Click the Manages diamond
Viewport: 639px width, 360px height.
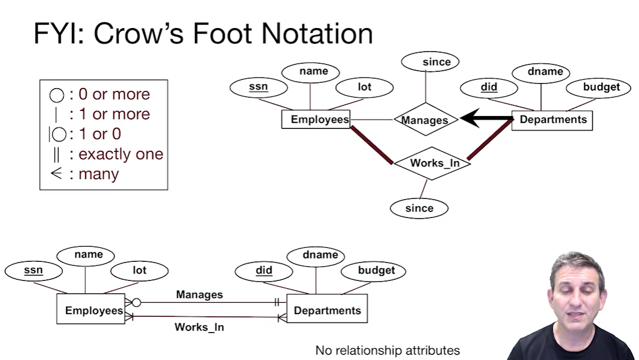pyautogui.click(x=425, y=119)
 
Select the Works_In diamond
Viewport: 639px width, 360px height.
pyautogui.click(x=432, y=163)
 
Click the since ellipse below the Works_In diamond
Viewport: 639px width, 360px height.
pyautogui.click(x=419, y=208)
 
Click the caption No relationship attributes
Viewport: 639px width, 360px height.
pyautogui.click(x=387, y=350)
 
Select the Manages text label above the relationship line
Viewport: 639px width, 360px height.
pyautogui.click(x=199, y=294)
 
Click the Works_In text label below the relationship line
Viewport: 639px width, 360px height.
pyautogui.click(x=199, y=327)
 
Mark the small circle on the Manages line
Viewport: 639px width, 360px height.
pyautogui.click(x=136, y=303)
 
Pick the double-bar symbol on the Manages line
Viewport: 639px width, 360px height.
pyautogui.click(x=276, y=303)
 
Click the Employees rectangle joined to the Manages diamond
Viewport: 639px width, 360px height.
pyautogui.click(x=316, y=119)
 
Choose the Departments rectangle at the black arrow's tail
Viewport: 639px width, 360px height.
pyautogui.click(x=552, y=119)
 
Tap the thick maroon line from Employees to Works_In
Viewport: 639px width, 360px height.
pyautogui.click(x=372, y=145)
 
